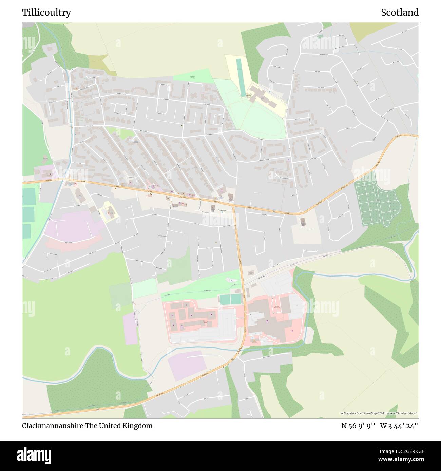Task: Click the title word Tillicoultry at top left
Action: click(46, 13)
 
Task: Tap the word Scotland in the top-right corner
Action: click(400, 13)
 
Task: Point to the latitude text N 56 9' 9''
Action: click(358, 426)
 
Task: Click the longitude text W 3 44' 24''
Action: click(399, 426)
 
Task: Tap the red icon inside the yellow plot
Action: click(108, 214)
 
